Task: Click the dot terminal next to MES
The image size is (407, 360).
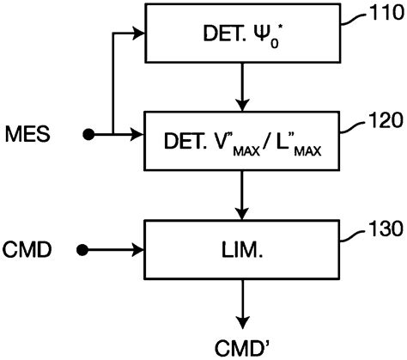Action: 88,135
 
